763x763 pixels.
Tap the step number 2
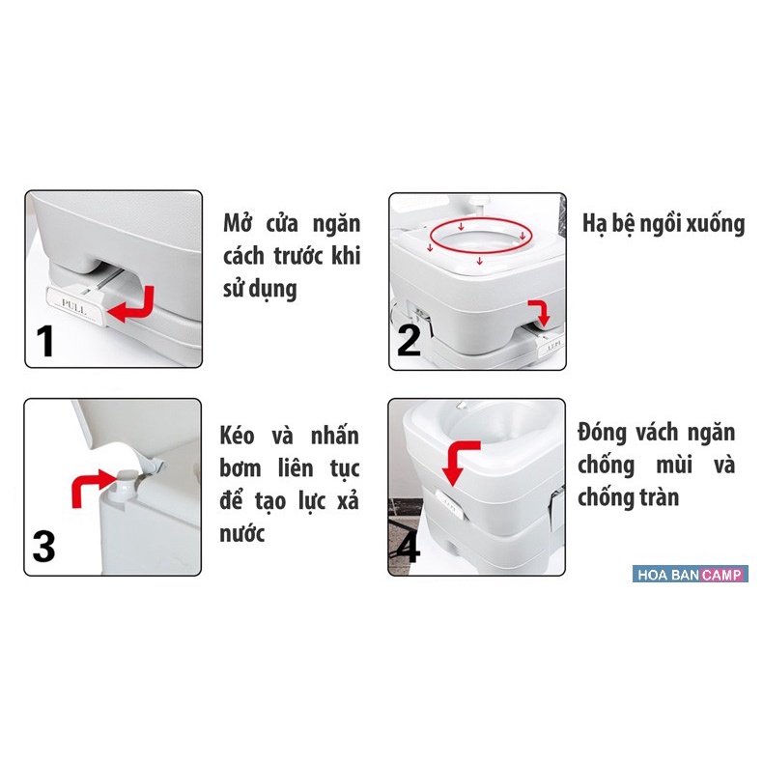click(x=409, y=340)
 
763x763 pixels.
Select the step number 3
click(x=44, y=548)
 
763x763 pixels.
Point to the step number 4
click(x=409, y=548)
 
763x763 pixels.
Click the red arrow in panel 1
click(x=134, y=304)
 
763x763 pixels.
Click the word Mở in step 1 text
click(x=239, y=225)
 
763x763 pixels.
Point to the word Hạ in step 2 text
click(x=596, y=225)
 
